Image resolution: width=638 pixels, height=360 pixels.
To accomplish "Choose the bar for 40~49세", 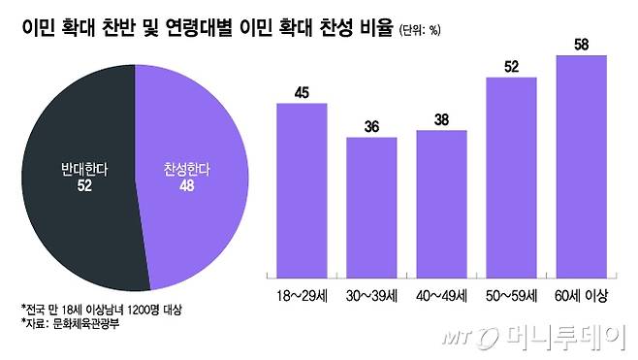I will pyautogui.click(x=441, y=203).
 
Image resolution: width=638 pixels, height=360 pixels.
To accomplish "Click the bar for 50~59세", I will pyautogui.click(x=511, y=176).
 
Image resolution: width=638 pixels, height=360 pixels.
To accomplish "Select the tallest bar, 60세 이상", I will pyautogui.click(x=581, y=165).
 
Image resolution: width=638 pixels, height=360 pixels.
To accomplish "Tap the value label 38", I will pyautogui.click(x=441, y=120).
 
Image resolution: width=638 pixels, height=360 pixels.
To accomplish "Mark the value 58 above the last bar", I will pyautogui.click(x=581, y=46).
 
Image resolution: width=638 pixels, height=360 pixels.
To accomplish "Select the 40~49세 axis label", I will pyautogui.click(x=441, y=293).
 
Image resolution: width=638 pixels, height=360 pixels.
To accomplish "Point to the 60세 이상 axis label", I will pyautogui.click(x=581, y=293).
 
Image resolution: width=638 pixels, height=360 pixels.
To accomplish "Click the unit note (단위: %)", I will pyautogui.click(x=419, y=30).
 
